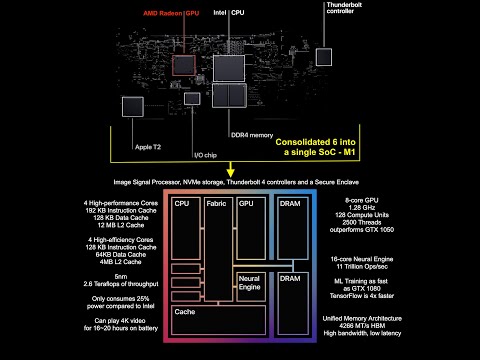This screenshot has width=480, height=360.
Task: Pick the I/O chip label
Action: click(x=205, y=155)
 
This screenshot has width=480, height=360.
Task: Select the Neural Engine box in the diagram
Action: click(x=250, y=282)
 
